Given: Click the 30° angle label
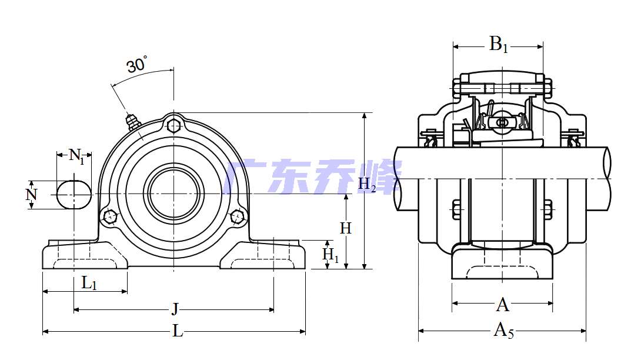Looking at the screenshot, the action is pyautogui.click(x=137, y=64).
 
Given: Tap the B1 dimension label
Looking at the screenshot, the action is pyautogui.click(x=498, y=44).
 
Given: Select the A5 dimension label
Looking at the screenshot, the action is pyautogui.click(x=503, y=330).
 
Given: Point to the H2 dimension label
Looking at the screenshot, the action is pyautogui.click(x=367, y=185).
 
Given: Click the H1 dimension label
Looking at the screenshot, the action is pyautogui.click(x=330, y=255).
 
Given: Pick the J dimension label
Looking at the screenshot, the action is pyautogui.click(x=175, y=309).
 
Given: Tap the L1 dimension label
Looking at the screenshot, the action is pyautogui.click(x=89, y=283).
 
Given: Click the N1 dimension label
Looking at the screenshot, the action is pyautogui.click(x=77, y=156).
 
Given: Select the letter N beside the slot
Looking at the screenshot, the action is pyautogui.click(x=31, y=195).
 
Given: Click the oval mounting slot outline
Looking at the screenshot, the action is pyautogui.click(x=74, y=195).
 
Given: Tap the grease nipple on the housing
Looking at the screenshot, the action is pyautogui.click(x=132, y=121).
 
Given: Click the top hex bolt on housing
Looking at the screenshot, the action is pyautogui.click(x=173, y=125).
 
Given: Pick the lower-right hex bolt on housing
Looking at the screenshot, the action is pyautogui.click(x=238, y=216).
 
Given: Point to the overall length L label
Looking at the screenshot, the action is pyautogui.click(x=178, y=331).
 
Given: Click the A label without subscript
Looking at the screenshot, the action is pyautogui.click(x=503, y=305).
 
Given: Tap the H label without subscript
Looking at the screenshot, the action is pyautogui.click(x=346, y=228).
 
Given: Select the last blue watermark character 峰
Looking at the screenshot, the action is pyautogui.click(x=380, y=176).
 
